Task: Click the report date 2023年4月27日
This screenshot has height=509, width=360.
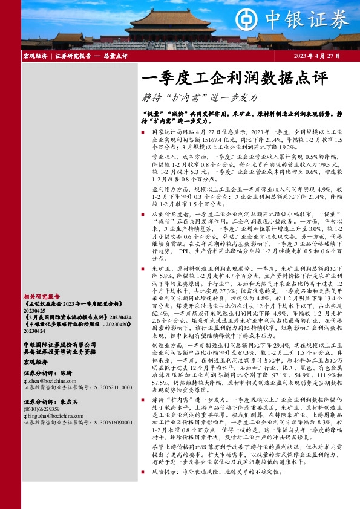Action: (317, 56)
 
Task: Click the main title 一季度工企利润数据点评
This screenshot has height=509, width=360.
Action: (234, 79)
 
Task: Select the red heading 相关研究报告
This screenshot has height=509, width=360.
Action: (42, 297)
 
